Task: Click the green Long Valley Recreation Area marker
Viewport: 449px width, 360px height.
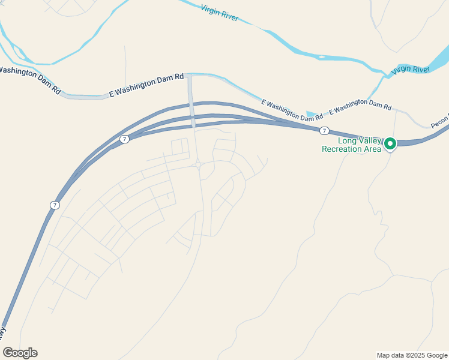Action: [x=390, y=143]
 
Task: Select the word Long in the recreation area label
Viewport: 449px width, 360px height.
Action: [x=348, y=141]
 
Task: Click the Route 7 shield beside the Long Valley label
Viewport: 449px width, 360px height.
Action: [x=324, y=130]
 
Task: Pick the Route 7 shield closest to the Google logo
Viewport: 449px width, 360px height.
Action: [x=55, y=205]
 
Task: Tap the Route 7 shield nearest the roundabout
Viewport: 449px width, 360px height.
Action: [x=124, y=139]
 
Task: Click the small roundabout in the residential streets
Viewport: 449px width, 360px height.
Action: [x=198, y=164]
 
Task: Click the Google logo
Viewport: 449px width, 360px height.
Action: [x=20, y=353]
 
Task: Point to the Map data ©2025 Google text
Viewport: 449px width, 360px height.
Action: [x=412, y=355]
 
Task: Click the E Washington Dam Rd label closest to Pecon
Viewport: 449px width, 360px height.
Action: [x=360, y=106]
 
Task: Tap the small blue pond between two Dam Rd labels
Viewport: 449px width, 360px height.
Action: [x=311, y=113]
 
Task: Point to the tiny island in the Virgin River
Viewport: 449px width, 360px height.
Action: [x=322, y=58]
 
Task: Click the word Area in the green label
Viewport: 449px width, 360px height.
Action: [x=372, y=149]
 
